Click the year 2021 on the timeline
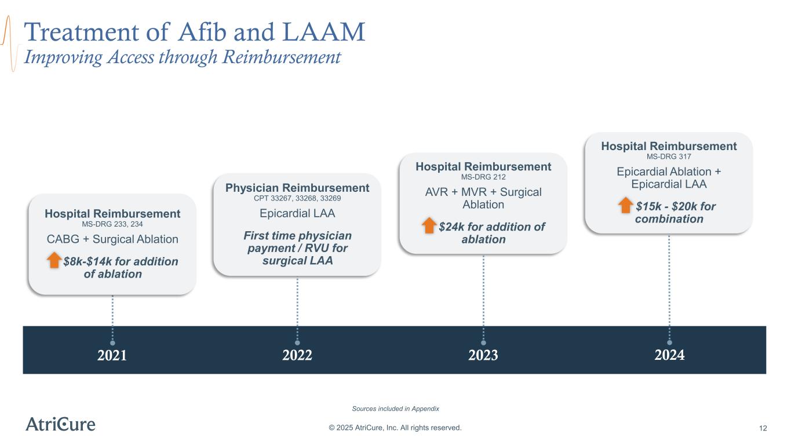coord(112,355)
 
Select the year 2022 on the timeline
coord(297,355)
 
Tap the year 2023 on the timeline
coord(483,355)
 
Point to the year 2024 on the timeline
coord(669,355)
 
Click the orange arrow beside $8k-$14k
coord(54,260)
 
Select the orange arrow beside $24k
coord(429,225)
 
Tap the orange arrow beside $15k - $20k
coord(625,205)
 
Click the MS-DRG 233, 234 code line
coord(112,224)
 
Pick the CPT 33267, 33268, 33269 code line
coord(297,198)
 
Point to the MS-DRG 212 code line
coord(483,177)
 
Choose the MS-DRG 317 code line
coord(669,156)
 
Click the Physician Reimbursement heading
coord(297,188)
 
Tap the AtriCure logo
coord(60,424)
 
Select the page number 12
coord(763,428)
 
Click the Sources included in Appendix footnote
coord(395,408)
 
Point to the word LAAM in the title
coord(324,32)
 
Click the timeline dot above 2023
coord(483,342)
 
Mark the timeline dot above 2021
coord(112,343)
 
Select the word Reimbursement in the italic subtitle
coord(282,57)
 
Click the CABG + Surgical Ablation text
coord(112,239)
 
